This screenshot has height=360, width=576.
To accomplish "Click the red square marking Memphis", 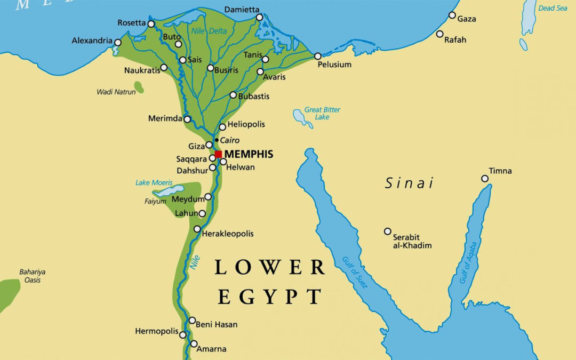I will pos(218,154).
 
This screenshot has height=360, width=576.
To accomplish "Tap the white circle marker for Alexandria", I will pos(118,42).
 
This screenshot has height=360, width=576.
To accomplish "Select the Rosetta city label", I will pos(131,23).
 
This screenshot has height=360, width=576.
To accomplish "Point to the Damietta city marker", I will pos(260,18).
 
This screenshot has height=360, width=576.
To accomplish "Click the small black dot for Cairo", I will pos(216,140).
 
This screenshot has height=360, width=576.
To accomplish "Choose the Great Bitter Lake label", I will pos(322,113).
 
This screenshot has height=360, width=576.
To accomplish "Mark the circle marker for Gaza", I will pos(452,15).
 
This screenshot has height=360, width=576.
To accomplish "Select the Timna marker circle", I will pos(485,179).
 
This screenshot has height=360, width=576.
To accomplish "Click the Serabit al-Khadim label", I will pos(412,241).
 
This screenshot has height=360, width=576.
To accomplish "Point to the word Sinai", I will pos(409,183).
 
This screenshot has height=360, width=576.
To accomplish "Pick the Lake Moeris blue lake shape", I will pos(169,191).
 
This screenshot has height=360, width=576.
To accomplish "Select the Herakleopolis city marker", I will pos(197,229).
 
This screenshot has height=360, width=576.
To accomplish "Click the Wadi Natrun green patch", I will pos(139,87).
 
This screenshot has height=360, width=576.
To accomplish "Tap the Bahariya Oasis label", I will pos(32,276).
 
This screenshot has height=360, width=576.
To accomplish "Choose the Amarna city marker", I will pos(194,344).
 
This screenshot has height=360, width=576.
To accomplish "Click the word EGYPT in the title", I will pos(270,296).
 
